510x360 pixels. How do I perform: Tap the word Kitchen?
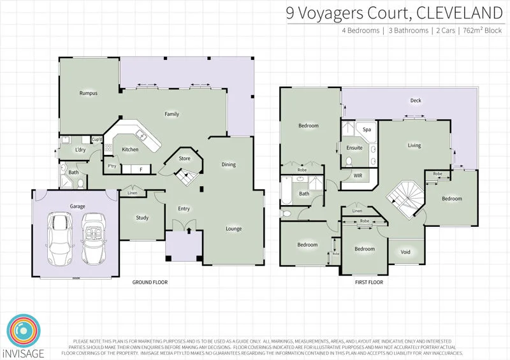coord(130,150)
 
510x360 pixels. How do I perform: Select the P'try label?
coord(112,166)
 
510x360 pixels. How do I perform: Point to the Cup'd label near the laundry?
coord(97,140)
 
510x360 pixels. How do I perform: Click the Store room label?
coord(184,158)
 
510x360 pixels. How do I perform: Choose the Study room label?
coord(142,218)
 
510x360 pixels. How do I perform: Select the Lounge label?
coord(233,229)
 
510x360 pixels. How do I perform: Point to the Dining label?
coord(228,164)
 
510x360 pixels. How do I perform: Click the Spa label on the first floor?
coord(367,129)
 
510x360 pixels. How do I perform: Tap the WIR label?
coord(349,176)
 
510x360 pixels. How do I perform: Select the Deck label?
coord(416,101)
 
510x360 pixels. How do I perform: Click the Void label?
coord(405,252)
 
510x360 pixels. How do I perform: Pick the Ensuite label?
coord(354,148)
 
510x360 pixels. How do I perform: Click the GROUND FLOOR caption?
coord(150,281)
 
